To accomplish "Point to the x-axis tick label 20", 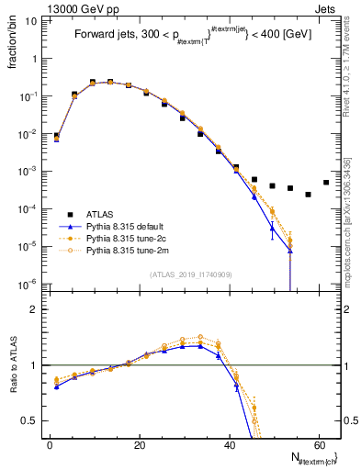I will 139,444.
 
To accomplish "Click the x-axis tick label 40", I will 229,444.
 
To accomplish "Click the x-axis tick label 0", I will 50,444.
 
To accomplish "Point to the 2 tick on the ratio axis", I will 35,309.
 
